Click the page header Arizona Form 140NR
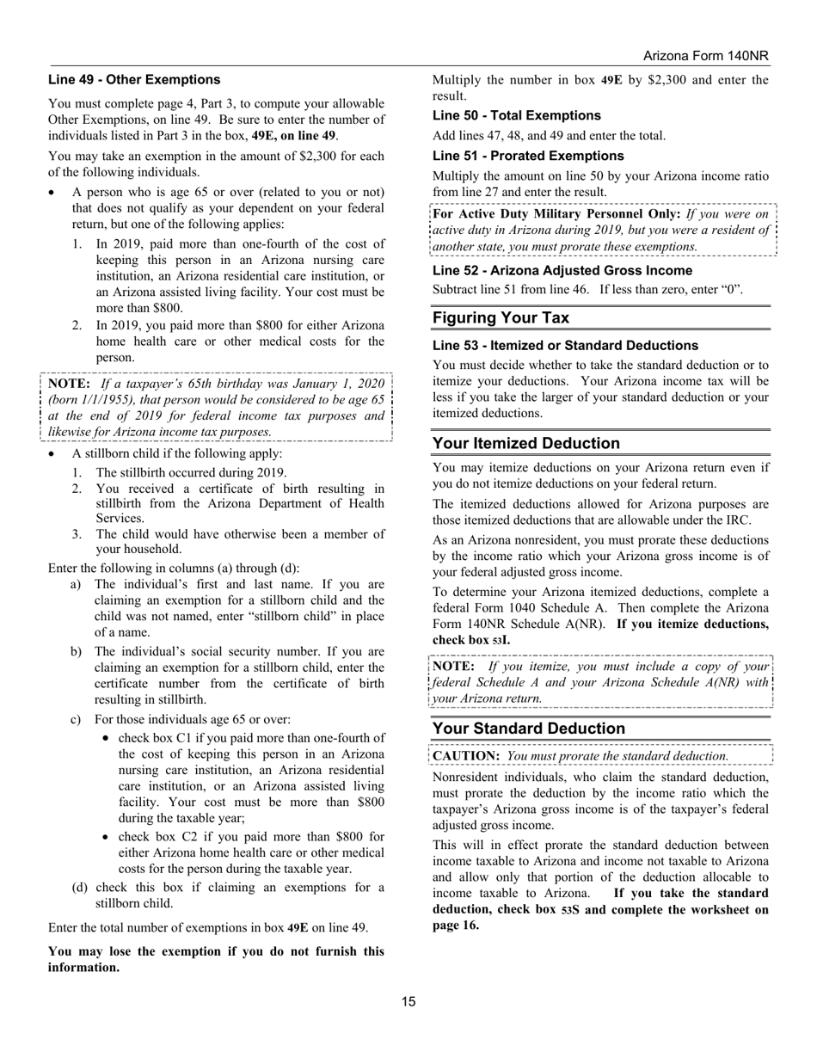tap(705, 56)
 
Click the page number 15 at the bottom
tap(408, 1001)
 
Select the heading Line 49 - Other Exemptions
tap(134, 80)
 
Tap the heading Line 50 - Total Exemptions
tap(516, 115)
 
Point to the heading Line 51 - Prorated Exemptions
tap(528, 156)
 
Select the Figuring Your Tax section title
tap(501, 317)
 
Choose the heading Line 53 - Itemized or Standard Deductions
tap(565, 345)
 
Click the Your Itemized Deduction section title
tap(525, 443)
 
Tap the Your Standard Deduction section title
tap(528, 729)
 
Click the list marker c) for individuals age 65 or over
tap(76, 719)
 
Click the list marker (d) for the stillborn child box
tap(79, 887)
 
